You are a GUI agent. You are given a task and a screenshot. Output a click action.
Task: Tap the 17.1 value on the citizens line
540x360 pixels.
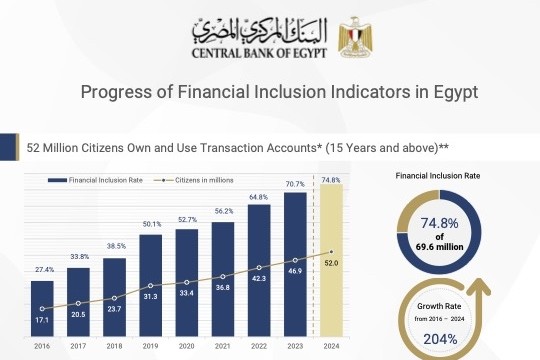(x=41, y=320)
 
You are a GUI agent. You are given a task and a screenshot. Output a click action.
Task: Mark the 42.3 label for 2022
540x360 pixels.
(x=259, y=280)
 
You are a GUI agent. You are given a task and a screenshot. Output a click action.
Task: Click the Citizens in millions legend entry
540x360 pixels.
(x=204, y=179)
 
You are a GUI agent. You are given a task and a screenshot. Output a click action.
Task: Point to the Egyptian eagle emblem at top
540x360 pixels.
(x=355, y=37)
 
